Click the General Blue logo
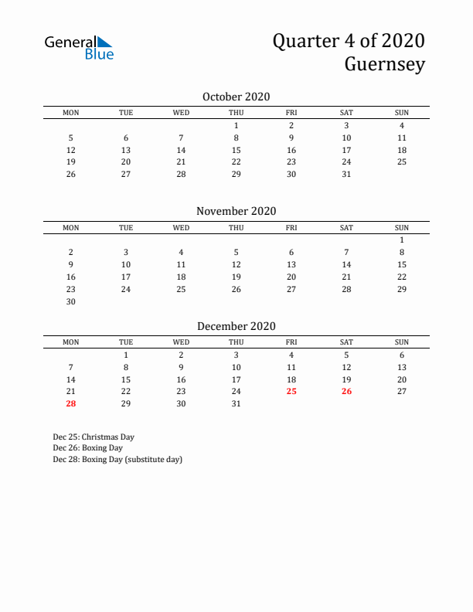click(79, 47)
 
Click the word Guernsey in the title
click(385, 64)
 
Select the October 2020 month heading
click(236, 97)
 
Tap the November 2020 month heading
click(236, 211)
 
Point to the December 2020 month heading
click(236, 326)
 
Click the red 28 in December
click(70, 403)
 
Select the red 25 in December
click(291, 391)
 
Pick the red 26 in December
click(346, 391)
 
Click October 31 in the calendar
click(346, 174)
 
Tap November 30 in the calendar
click(70, 301)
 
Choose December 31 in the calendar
click(236, 403)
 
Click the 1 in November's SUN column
click(402, 240)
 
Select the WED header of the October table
click(181, 113)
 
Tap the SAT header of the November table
click(346, 227)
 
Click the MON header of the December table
click(70, 342)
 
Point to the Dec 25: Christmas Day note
click(94, 437)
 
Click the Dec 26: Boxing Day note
click(87, 447)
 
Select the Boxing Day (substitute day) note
click(117, 459)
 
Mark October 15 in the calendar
click(236, 149)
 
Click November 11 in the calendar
click(181, 264)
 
